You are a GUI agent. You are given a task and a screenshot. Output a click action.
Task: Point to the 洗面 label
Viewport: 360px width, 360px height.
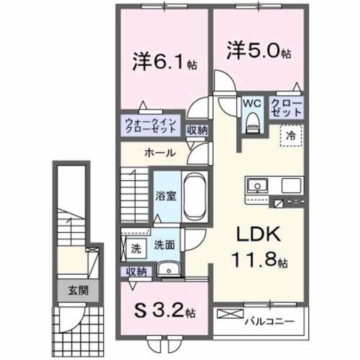click(163, 245)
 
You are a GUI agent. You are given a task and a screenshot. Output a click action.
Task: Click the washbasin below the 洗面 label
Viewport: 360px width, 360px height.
click(168, 270)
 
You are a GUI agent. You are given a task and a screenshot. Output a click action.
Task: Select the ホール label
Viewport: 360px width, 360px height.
click(160, 152)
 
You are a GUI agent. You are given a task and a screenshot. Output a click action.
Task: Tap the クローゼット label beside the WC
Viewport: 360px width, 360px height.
click(286, 108)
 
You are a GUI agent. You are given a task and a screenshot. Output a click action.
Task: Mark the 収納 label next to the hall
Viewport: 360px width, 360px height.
click(197, 130)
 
